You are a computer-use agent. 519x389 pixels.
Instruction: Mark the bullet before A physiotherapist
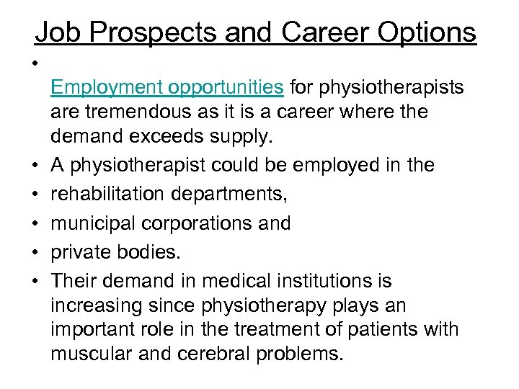(34, 166)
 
